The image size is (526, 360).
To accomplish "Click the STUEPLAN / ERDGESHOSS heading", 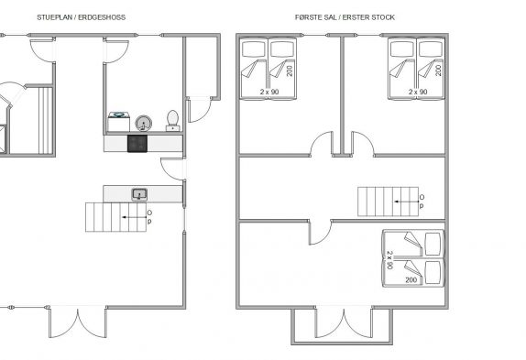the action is (x=82, y=17).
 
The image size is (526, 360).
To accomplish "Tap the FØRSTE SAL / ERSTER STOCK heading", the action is (x=345, y=17).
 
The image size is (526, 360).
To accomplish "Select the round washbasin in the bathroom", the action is (x=144, y=124).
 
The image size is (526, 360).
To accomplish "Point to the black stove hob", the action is (x=137, y=144).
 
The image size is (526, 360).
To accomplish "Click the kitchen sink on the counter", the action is (x=139, y=194).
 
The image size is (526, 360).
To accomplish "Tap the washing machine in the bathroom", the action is (x=119, y=122).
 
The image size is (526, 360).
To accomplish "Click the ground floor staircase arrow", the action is (x=135, y=217).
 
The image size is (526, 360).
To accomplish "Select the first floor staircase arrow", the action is (x=407, y=202).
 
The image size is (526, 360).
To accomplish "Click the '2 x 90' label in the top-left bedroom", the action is (x=269, y=92).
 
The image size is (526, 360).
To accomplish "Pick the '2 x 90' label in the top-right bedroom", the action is (x=418, y=92).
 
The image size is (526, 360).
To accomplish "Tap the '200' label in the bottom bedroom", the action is (x=411, y=280).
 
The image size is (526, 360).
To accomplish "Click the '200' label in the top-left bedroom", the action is (x=290, y=71).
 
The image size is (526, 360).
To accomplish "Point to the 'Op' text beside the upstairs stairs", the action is (x=422, y=202).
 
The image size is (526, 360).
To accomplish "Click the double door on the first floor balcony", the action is (x=344, y=323).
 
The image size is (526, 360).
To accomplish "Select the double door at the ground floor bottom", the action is (x=78, y=322).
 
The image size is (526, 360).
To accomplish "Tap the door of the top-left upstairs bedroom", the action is (x=322, y=144).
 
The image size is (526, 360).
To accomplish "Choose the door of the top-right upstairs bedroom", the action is (x=363, y=144).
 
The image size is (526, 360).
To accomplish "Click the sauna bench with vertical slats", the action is (x=46, y=121).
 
